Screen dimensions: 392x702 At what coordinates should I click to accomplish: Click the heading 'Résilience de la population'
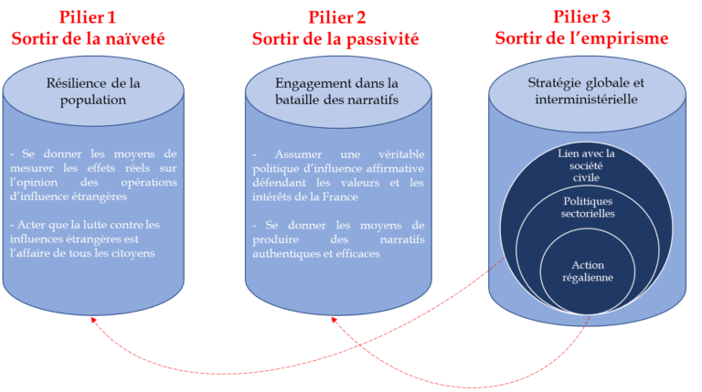(x=93, y=91)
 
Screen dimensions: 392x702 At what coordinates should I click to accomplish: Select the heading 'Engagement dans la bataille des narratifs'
(x=337, y=91)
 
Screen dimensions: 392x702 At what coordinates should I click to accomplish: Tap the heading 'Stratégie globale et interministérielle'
(x=586, y=91)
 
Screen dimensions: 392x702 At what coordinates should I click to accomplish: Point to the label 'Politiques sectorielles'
(x=587, y=207)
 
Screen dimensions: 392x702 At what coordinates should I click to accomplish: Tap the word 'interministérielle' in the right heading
(x=586, y=99)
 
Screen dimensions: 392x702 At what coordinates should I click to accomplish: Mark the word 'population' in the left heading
(x=93, y=99)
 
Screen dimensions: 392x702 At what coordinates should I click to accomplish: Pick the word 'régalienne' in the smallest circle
(x=587, y=278)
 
